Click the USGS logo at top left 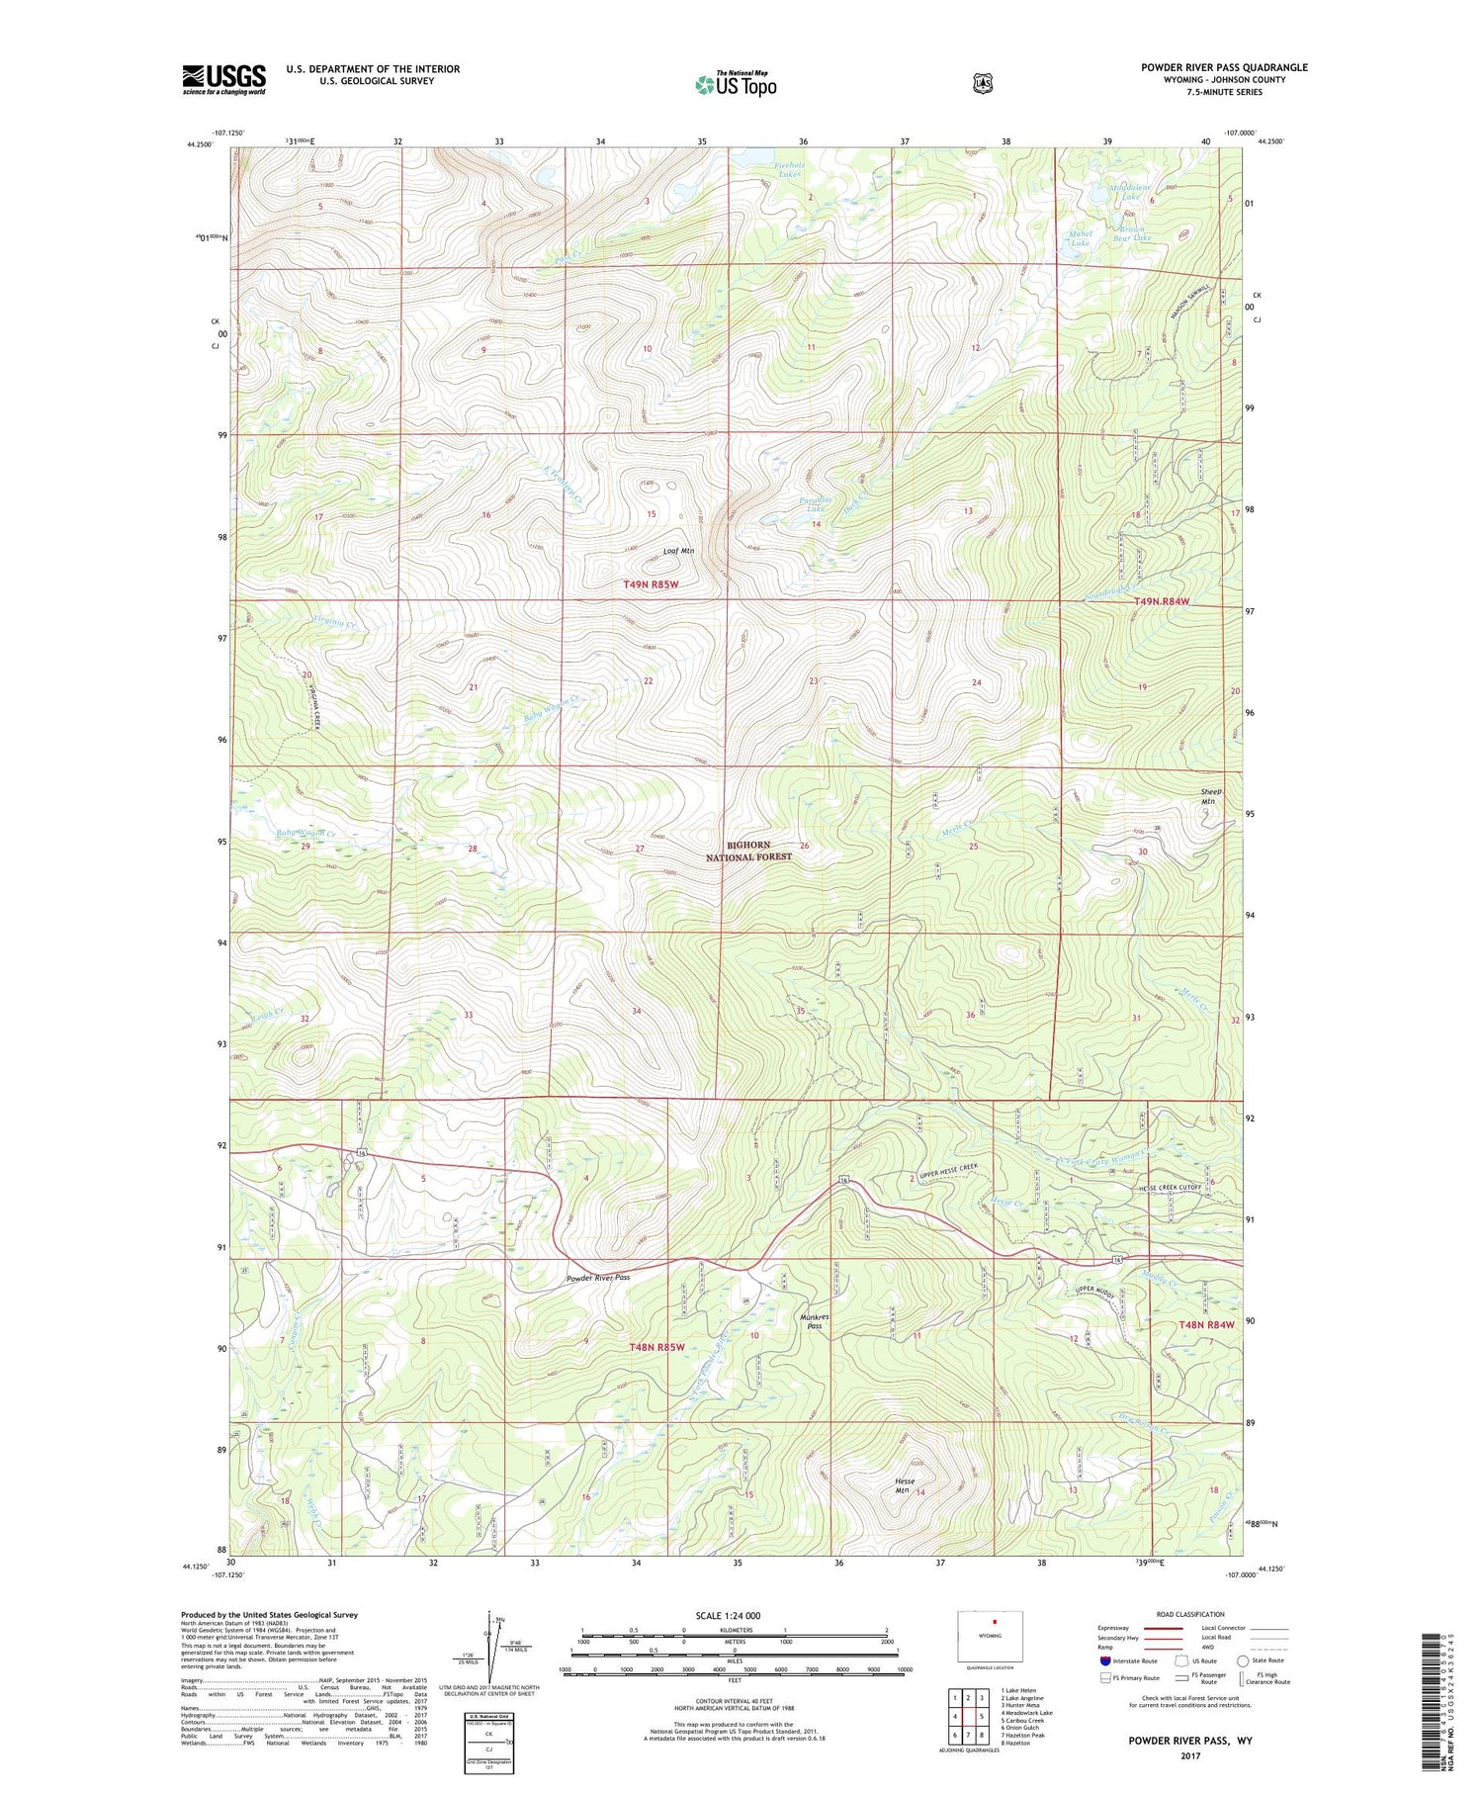point(223,79)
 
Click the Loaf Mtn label point(677,552)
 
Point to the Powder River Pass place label point(597,1277)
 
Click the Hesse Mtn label point(904,1485)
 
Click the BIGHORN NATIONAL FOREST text point(759,851)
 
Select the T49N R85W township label point(652,584)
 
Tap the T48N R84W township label point(1206,1325)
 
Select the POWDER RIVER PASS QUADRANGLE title point(1224,67)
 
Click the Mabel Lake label point(1080,238)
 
